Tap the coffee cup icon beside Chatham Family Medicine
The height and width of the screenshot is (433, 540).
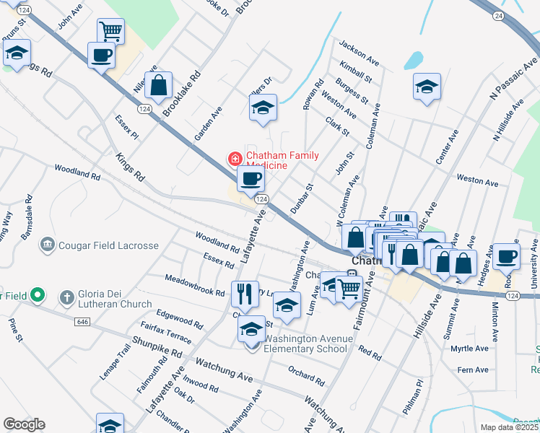(251, 178)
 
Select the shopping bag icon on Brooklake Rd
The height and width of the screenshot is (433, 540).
(159, 85)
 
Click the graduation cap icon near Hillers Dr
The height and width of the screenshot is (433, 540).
(263, 108)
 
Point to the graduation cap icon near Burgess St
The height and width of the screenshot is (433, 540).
(427, 87)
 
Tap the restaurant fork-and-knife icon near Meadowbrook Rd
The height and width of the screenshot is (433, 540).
(245, 293)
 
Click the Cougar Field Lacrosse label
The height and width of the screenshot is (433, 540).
(108, 245)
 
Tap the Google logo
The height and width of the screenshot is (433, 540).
(24, 424)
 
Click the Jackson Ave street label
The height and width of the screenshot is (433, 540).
(359, 50)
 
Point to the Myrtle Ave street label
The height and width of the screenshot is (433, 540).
(469, 349)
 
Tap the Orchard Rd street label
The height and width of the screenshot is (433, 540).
(306, 377)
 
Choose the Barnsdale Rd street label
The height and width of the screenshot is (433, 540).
(27, 210)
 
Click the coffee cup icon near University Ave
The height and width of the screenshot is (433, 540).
(506, 255)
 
